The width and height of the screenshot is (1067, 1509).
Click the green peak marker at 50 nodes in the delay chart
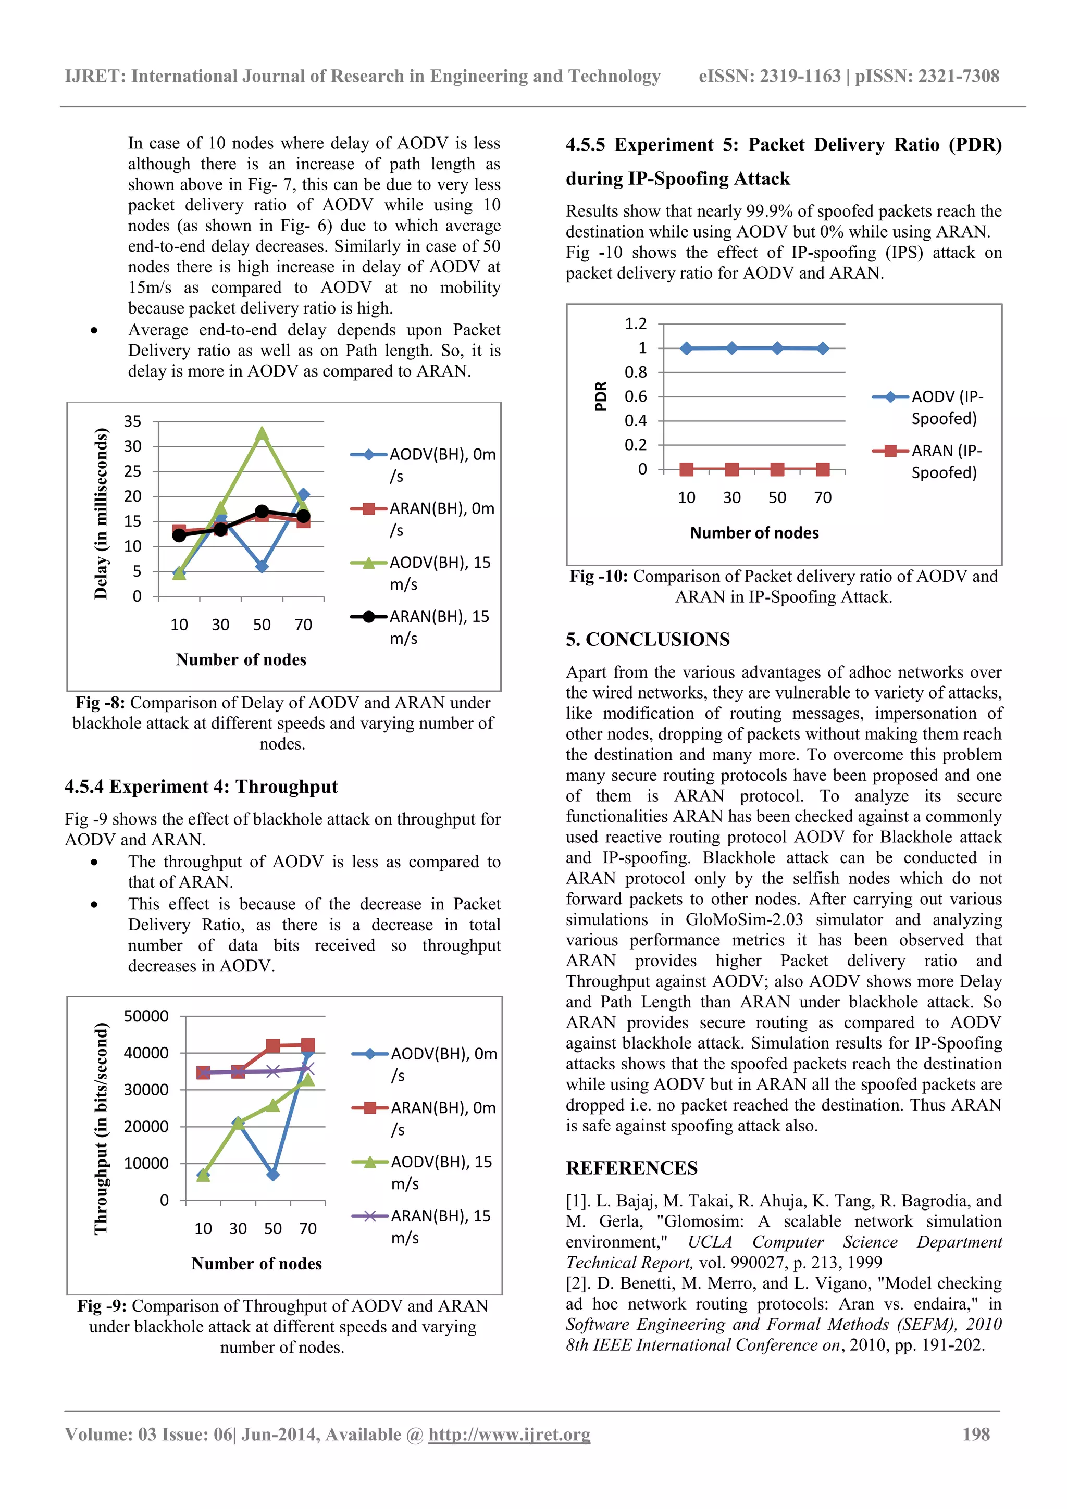262,434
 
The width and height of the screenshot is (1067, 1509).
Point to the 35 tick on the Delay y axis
133,421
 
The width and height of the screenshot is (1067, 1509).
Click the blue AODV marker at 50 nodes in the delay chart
262,566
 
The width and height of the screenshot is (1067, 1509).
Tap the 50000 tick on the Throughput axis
146,1016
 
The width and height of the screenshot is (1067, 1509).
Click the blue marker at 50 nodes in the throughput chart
273,1174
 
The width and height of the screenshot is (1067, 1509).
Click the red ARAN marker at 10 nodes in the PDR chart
686,469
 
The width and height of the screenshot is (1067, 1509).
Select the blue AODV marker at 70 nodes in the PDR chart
823,348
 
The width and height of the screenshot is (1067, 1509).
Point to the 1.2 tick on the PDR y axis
635,324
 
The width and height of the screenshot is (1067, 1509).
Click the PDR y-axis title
600,396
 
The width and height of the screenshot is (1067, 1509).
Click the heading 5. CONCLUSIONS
648,640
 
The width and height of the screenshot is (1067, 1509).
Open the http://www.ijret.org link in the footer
509,1434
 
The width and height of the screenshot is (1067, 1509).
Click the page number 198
976,1434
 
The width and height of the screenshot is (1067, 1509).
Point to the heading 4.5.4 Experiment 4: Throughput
201,787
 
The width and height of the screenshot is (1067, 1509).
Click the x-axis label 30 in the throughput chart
238,1228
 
